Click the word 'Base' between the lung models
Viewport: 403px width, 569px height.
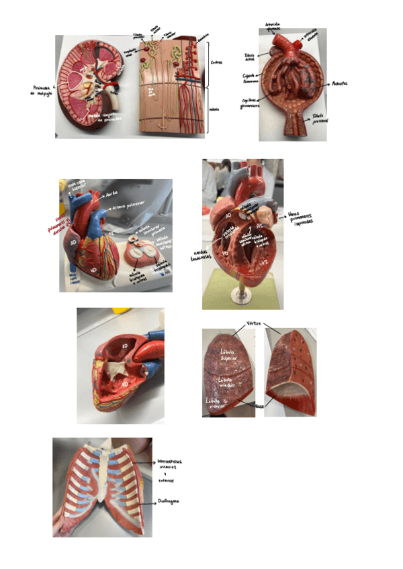click(x=260, y=406)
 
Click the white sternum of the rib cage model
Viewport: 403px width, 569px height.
click(x=100, y=483)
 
